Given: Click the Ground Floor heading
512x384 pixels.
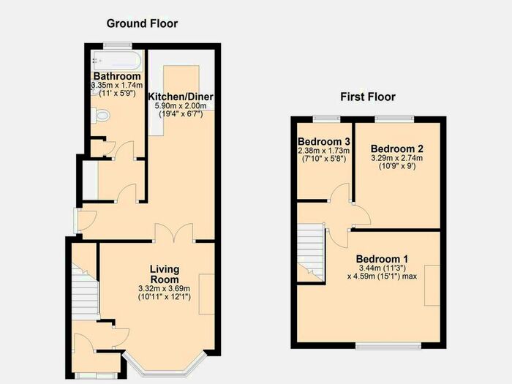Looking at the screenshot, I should [x=142, y=23].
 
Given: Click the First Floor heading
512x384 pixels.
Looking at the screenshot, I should [x=369, y=97].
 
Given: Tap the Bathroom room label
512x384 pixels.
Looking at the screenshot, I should [x=117, y=77].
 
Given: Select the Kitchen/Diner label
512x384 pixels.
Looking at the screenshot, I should [x=180, y=97].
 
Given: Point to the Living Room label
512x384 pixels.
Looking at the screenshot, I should [x=164, y=274].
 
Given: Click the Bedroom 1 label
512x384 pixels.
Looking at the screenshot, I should [x=382, y=259].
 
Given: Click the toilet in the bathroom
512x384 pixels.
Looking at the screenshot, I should [x=101, y=116].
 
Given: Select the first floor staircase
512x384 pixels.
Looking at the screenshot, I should [x=312, y=249].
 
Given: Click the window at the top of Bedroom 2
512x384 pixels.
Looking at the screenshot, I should [x=395, y=118].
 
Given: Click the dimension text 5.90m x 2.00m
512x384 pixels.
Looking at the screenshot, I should [x=181, y=107].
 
